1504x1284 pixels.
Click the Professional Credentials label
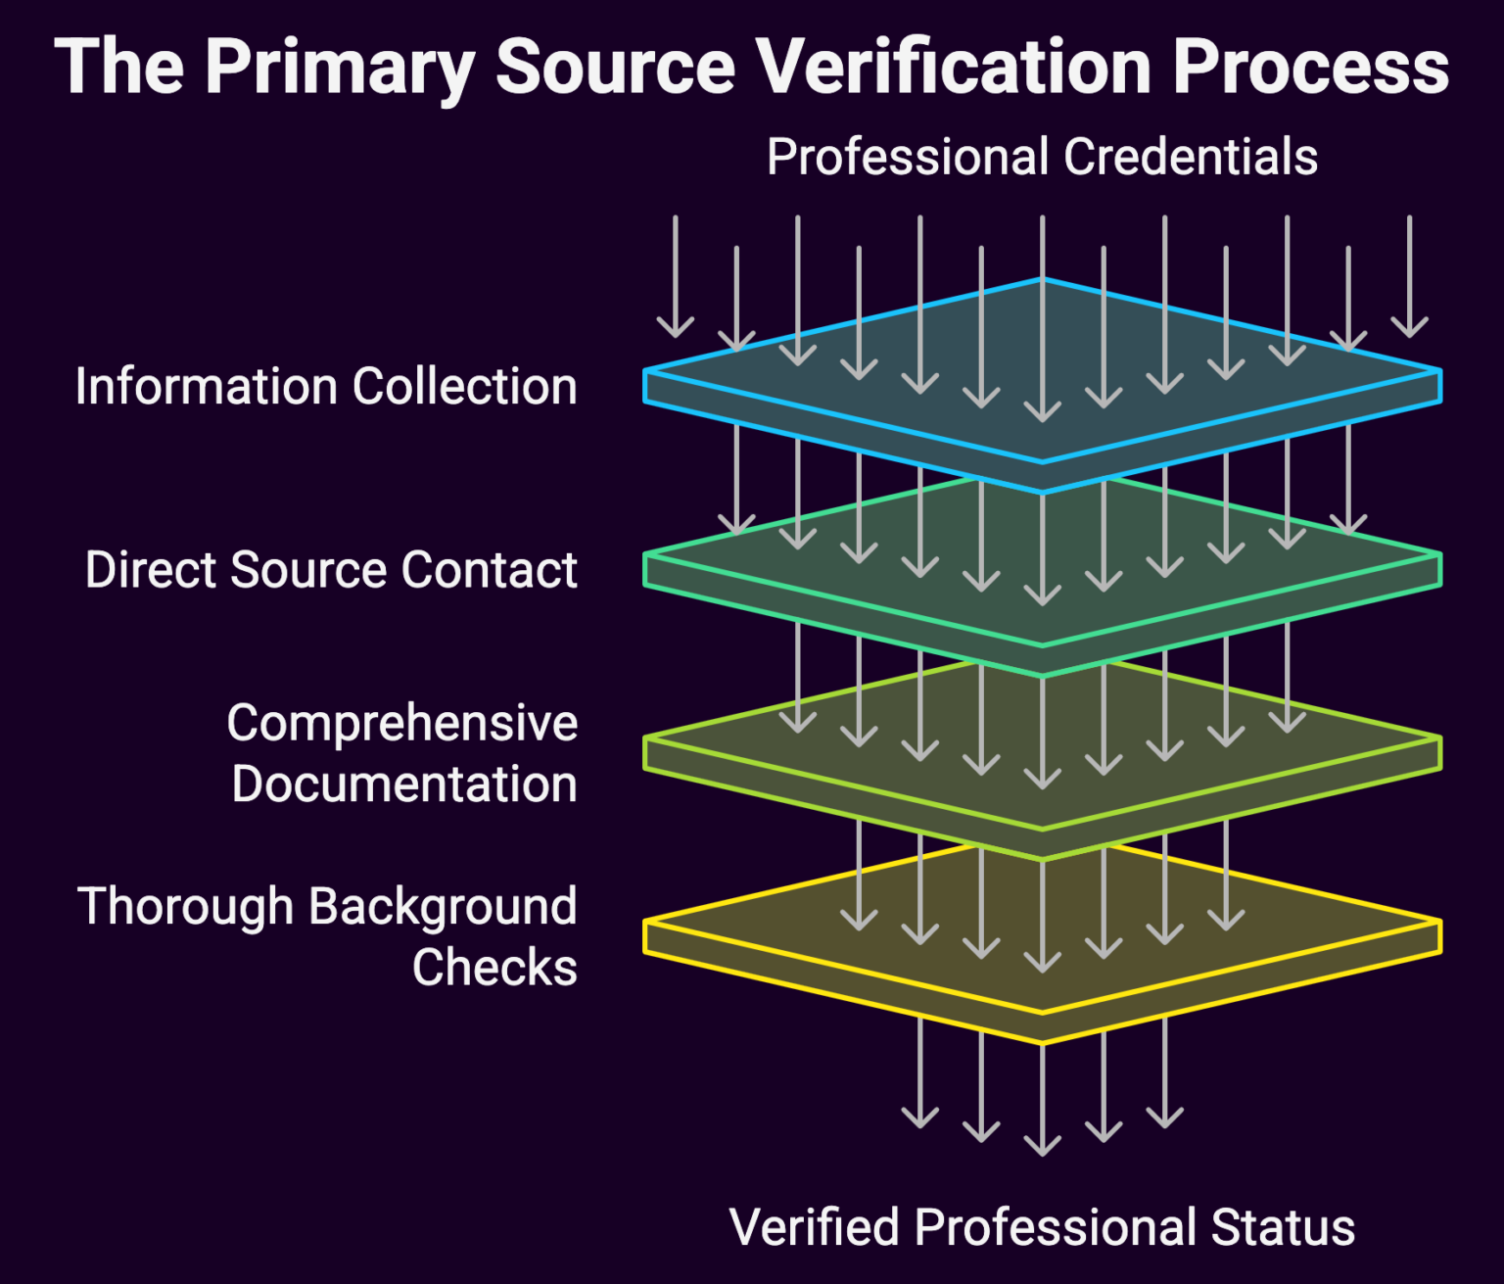[1042, 157]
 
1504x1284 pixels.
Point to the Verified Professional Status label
[1042, 1227]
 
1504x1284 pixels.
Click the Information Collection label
[326, 386]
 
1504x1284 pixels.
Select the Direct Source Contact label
[331, 569]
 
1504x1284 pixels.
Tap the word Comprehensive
[401, 723]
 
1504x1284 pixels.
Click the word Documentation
[403, 785]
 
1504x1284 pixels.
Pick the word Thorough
[185, 906]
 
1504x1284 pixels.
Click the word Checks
[494, 968]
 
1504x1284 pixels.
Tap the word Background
[443, 906]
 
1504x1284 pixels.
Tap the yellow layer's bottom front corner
[1042, 1040]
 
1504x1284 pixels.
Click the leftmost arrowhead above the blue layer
[676, 327]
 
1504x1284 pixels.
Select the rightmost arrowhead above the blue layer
[1409, 327]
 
